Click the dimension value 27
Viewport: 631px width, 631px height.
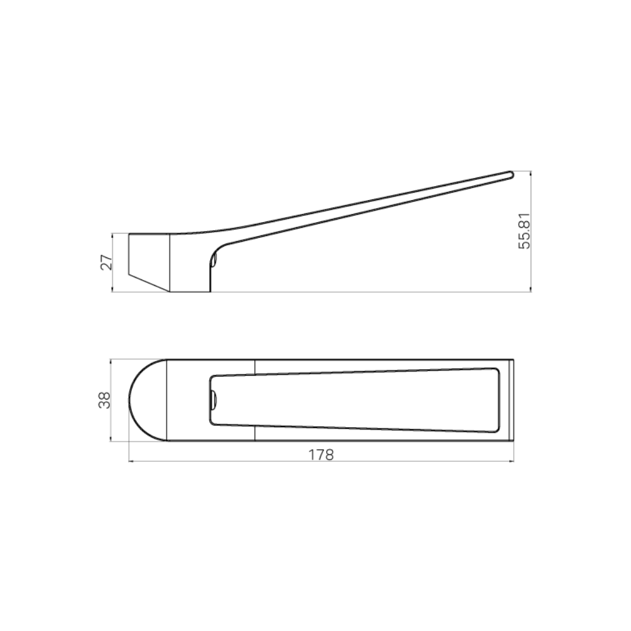[107, 262]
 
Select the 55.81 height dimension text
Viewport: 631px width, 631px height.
[524, 231]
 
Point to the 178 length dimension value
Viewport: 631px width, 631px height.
[321, 454]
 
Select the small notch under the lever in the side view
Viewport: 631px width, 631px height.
[214, 258]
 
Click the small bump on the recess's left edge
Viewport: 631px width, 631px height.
[213, 399]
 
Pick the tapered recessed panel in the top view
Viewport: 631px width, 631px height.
[353, 400]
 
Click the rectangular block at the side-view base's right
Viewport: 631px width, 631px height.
[189, 264]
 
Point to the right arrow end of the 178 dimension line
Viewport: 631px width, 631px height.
[512, 461]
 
